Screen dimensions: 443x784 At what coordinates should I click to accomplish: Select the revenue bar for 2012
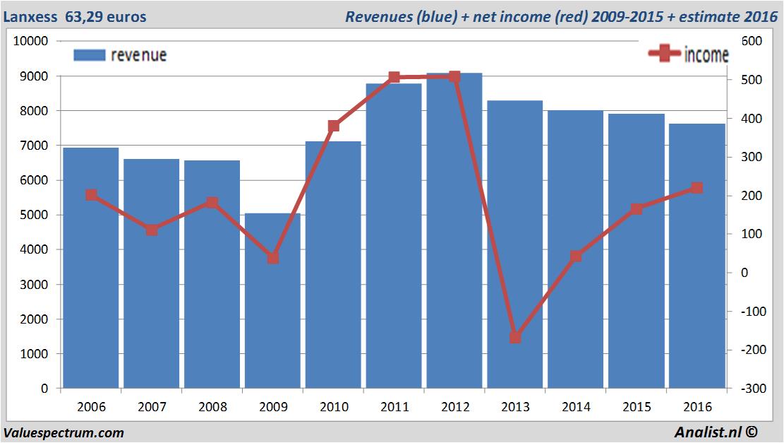(454, 233)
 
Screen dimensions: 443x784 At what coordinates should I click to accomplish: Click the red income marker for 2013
(515, 338)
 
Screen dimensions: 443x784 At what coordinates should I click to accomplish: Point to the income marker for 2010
(334, 126)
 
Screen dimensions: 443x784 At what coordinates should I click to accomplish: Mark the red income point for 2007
(152, 230)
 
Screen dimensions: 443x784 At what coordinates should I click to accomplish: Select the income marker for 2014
(576, 256)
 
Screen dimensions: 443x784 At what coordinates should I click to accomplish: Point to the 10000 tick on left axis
(31, 41)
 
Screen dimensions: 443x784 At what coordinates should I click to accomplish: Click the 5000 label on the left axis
(34, 215)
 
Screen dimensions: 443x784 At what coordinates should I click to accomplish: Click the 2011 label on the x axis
(394, 407)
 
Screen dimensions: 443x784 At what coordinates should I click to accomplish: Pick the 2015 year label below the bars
(637, 407)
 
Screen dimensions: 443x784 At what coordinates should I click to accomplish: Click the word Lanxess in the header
(30, 16)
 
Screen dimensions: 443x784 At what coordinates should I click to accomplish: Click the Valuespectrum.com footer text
(64, 432)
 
